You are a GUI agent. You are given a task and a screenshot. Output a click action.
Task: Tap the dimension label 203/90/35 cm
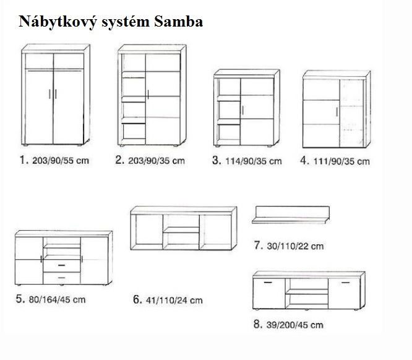pos(157,161)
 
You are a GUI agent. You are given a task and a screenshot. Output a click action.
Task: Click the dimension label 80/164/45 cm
pos(58,300)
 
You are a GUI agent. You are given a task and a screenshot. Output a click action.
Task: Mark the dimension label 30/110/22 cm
pos(297,246)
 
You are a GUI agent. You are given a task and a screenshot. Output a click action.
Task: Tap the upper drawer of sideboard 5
pos(62,265)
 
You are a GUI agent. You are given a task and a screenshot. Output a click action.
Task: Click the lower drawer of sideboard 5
pos(62,278)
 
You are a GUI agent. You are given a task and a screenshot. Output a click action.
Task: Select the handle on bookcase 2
pos(149,94)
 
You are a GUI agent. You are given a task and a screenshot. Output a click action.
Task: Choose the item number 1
pos(24,160)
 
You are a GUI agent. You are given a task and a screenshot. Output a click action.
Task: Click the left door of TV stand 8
pos(270,294)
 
